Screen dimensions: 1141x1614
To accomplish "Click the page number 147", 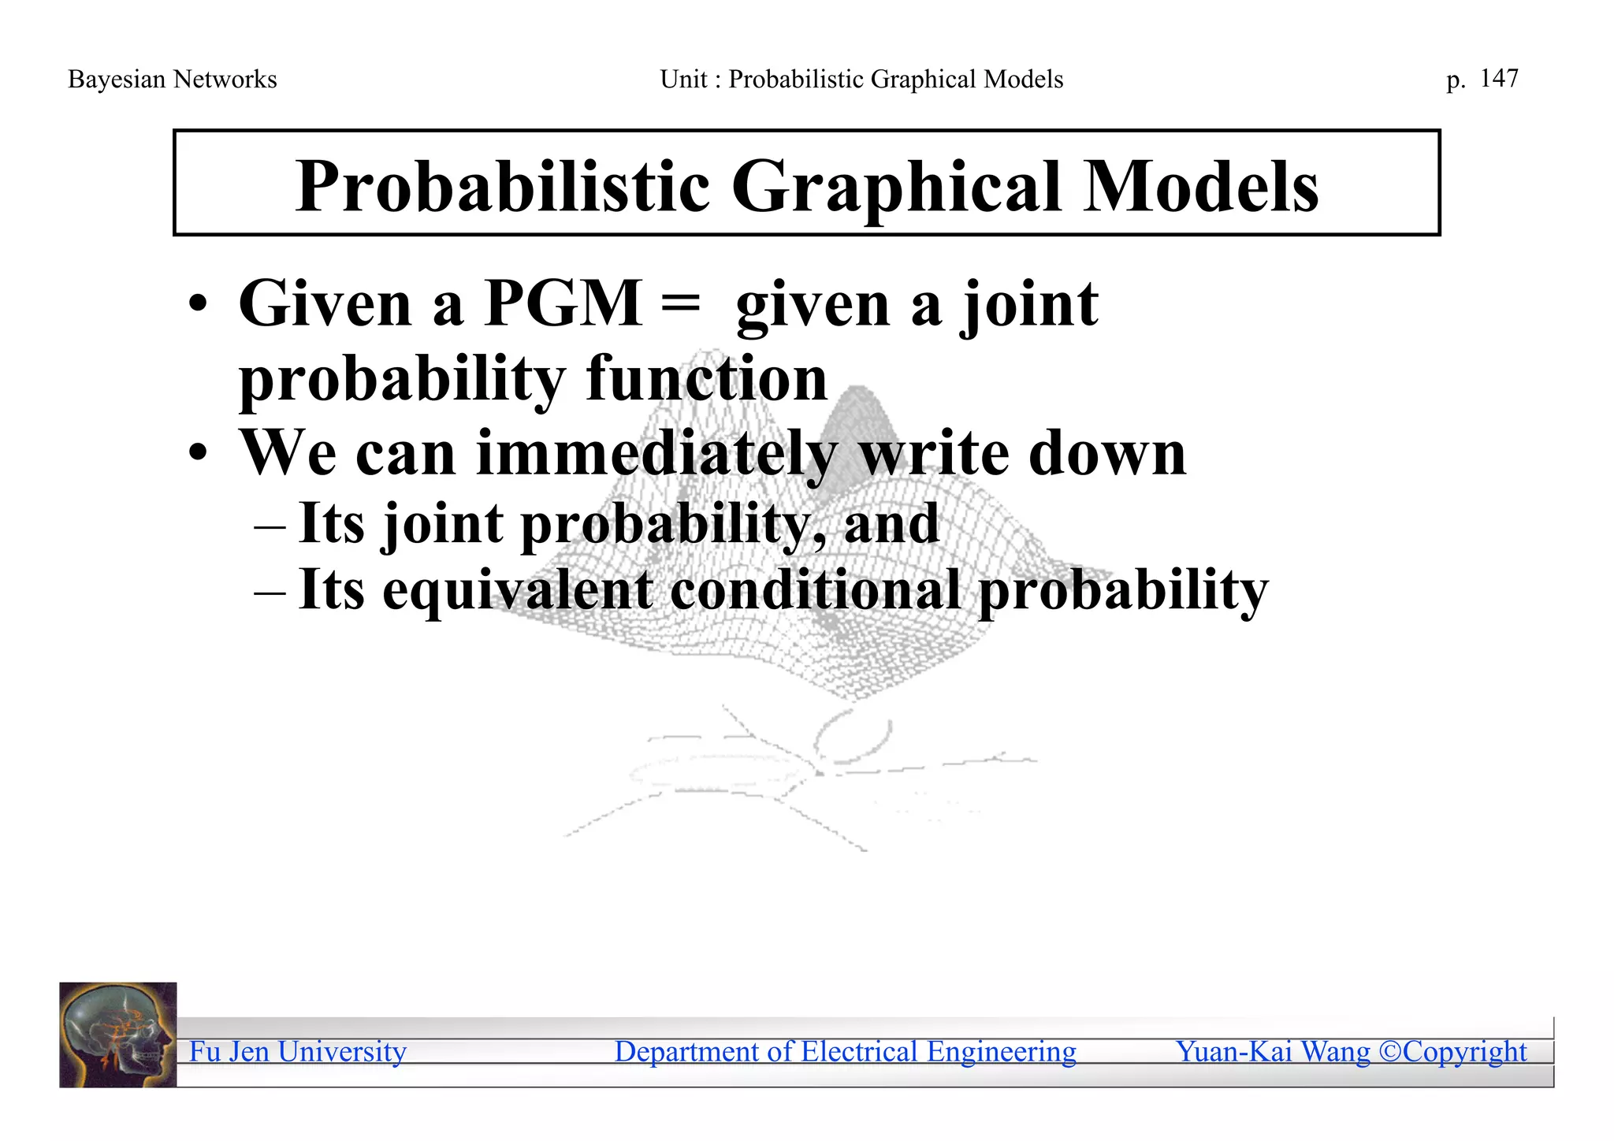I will click(x=1499, y=78).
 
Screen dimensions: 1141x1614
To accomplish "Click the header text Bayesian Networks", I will click(x=173, y=80).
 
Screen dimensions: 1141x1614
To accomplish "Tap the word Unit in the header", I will click(x=683, y=80).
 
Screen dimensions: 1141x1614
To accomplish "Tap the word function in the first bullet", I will click(x=707, y=378).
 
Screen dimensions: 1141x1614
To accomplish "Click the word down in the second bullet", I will click(x=1107, y=454).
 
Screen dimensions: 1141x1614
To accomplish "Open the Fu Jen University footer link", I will click(x=298, y=1052).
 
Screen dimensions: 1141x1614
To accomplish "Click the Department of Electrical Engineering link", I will click(x=845, y=1052).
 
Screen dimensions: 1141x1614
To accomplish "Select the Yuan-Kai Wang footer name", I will click(x=1273, y=1052).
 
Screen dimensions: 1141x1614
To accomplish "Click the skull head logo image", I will click(x=118, y=1035).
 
